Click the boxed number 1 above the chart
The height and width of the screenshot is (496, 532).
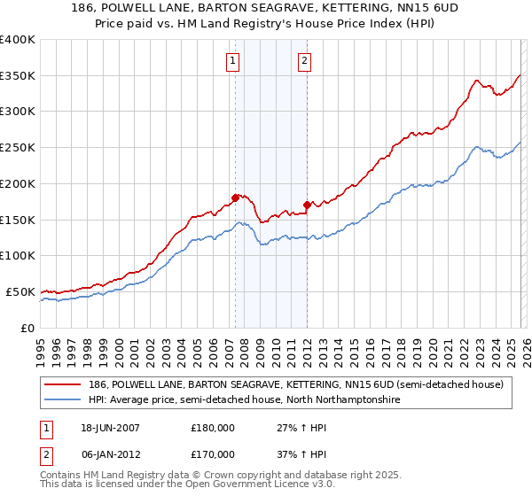point(232,61)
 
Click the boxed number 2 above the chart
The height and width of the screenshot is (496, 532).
point(304,61)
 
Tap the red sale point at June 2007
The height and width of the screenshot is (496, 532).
point(235,198)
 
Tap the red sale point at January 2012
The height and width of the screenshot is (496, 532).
point(307,205)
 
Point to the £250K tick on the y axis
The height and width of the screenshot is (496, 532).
point(18,148)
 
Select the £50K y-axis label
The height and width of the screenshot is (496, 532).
point(20,291)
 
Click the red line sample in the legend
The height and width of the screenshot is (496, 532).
point(65,384)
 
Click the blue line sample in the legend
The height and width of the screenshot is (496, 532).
point(65,400)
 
